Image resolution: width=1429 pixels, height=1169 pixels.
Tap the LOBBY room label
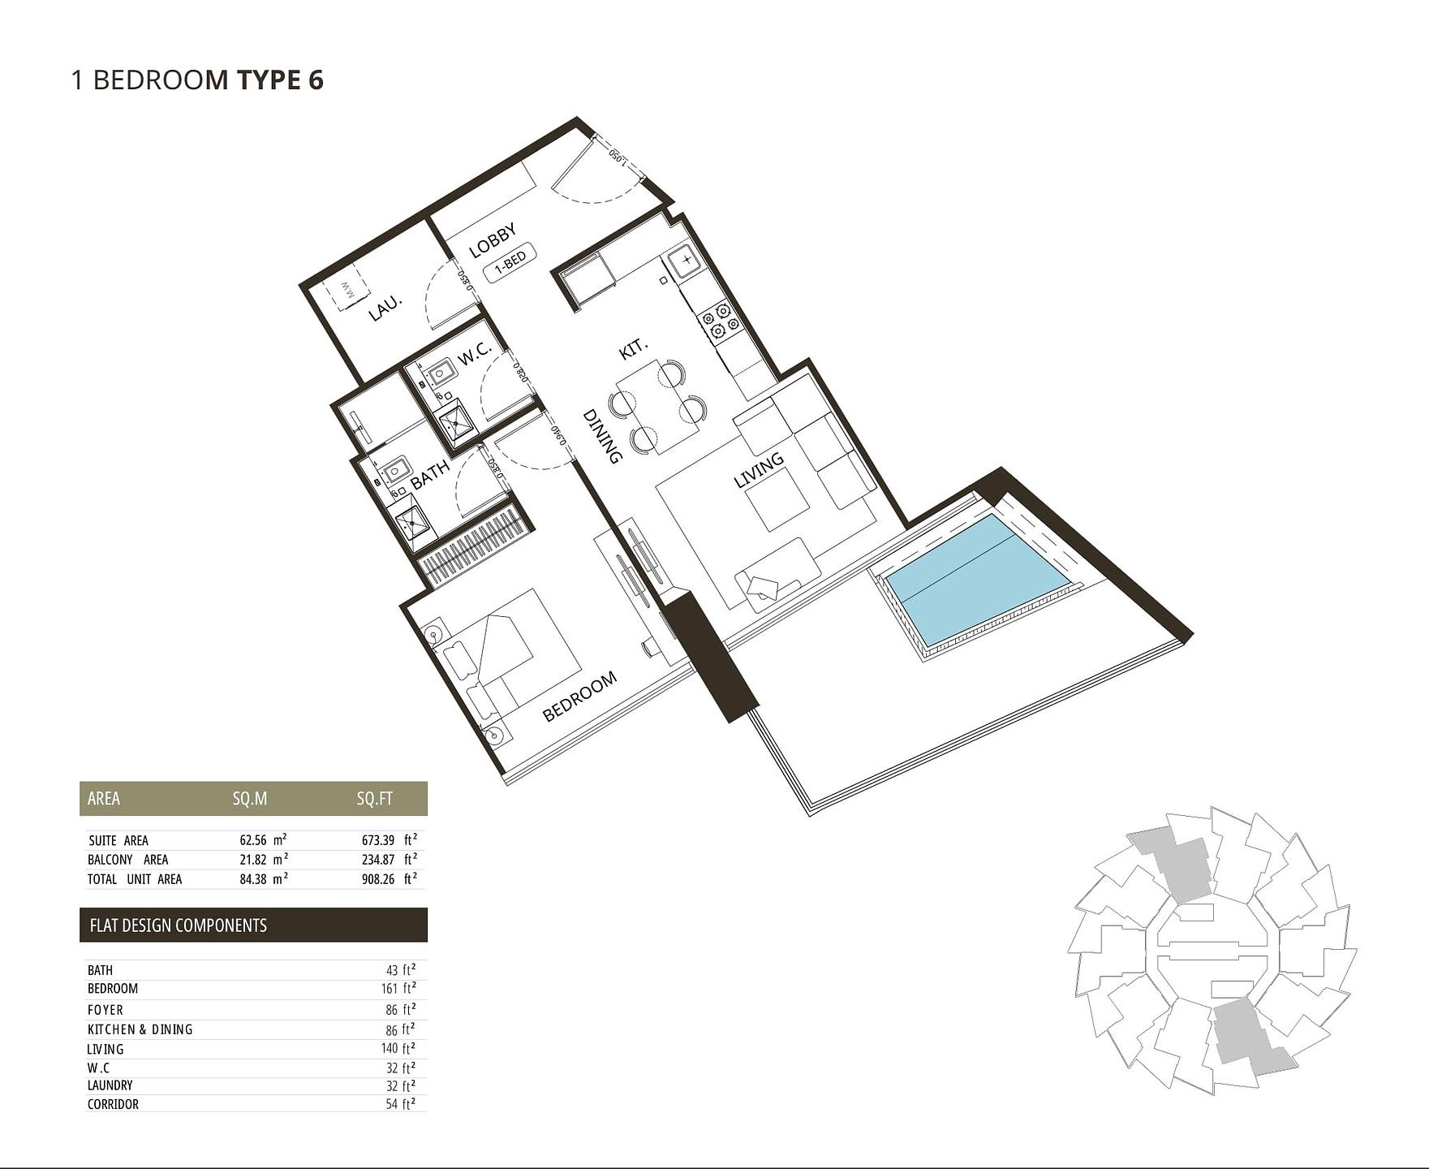click(493, 241)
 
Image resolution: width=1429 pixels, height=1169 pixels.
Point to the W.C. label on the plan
click(474, 353)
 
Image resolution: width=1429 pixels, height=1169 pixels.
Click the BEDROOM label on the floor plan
click(579, 697)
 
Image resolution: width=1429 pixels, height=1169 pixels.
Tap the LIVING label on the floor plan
click(759, 470)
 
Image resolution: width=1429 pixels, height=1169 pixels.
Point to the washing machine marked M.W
click(346, 291)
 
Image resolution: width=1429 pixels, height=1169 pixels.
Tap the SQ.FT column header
click(374, 799)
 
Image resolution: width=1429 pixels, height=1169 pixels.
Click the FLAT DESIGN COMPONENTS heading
click(178, 925)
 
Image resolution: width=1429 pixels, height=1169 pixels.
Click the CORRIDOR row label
click(113, 1104)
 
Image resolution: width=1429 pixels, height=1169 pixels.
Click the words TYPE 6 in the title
click(280, 80)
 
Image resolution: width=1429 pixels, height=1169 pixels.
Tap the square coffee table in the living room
click(777, 500)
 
